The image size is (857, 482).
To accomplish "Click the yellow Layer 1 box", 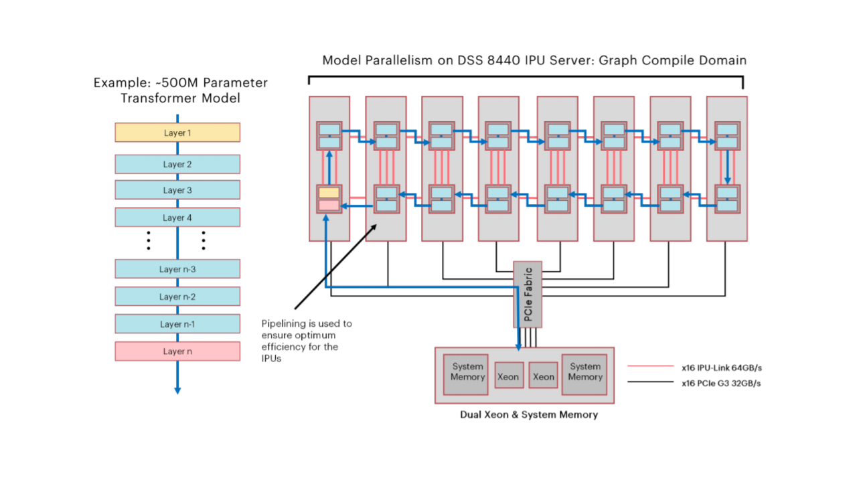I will [177, 133].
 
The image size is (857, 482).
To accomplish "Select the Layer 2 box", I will [177, 164].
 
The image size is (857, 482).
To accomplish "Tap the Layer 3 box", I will [177, 190].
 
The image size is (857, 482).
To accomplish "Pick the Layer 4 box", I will [177, 218].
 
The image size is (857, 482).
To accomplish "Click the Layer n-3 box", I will [177, 269].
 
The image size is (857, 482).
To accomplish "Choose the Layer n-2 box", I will [177, 297].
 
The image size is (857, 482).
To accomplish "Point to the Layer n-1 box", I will [177, 324].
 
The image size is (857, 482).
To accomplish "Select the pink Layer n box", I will [177, 351].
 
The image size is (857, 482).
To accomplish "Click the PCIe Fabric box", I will [528, 294].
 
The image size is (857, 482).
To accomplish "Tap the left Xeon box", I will [508, 376].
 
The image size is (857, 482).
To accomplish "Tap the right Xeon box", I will [544, 376].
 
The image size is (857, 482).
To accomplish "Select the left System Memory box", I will [467, 372].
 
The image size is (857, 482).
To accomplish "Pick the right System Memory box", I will [586, 372].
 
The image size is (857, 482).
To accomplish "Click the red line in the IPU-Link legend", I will [650, 367].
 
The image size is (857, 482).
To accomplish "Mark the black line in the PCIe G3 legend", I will [650, 383].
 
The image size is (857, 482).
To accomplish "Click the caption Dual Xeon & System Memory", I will [528, 414].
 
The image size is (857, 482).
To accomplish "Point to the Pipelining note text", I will [306, 341].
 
